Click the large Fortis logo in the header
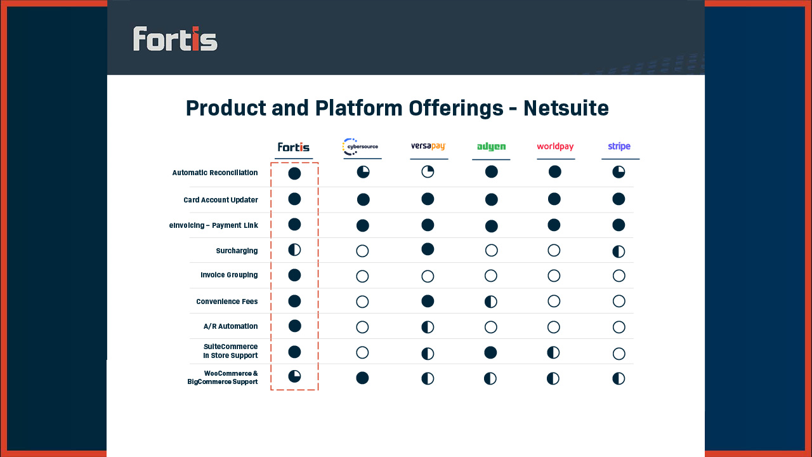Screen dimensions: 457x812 [175, 39]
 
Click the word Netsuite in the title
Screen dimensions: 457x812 [566, 108]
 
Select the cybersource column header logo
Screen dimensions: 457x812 [360, 147]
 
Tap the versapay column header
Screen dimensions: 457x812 [428, 147]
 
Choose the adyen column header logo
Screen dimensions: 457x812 [491, 147]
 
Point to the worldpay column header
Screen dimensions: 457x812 [555, 147]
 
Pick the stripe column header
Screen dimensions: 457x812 [619, 147]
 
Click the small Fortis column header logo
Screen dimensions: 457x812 [294, 147]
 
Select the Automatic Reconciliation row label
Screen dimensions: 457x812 [215, 173]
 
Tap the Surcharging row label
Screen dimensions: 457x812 [237, 251]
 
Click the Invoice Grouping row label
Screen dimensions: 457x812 [229, 275]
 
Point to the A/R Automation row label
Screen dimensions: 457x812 [230, 326]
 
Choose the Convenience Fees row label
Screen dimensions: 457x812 [227, 301]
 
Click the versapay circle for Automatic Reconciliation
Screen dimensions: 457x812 [428, 172]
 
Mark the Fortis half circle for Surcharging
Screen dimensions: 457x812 [294, 249]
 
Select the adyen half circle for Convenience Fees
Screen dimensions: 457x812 [491, 301]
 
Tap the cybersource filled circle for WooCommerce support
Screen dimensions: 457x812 [362, 378]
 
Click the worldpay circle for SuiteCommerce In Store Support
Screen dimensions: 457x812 [553, 352]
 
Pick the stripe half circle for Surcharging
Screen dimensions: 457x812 [619, 251]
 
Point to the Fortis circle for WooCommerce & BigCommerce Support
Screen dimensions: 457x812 [294, 376]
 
